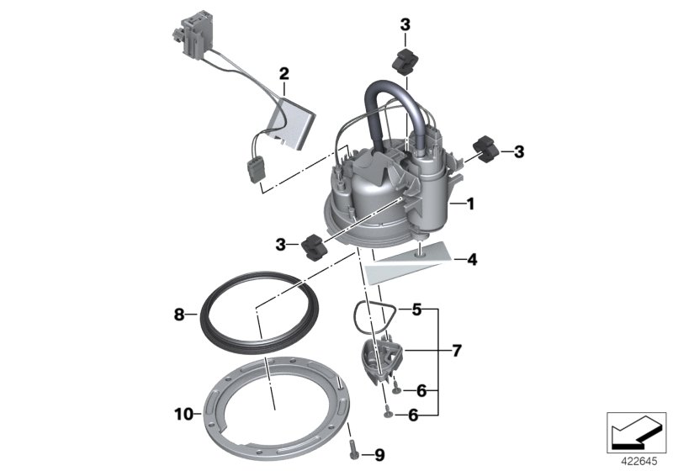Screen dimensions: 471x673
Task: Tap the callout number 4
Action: (x=472, y=261)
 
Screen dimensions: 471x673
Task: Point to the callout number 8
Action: (x=178, y=315)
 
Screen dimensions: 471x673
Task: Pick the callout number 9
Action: (x=379, y=455)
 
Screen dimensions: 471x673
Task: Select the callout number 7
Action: (x=457, y=349)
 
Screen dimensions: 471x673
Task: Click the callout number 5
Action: (x=417, y=310)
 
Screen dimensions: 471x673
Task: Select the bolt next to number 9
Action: (x=352, y=448)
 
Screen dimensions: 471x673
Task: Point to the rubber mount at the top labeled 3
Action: (x=405, y=61)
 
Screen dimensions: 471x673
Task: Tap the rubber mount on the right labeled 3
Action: (x=486, y=149)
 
